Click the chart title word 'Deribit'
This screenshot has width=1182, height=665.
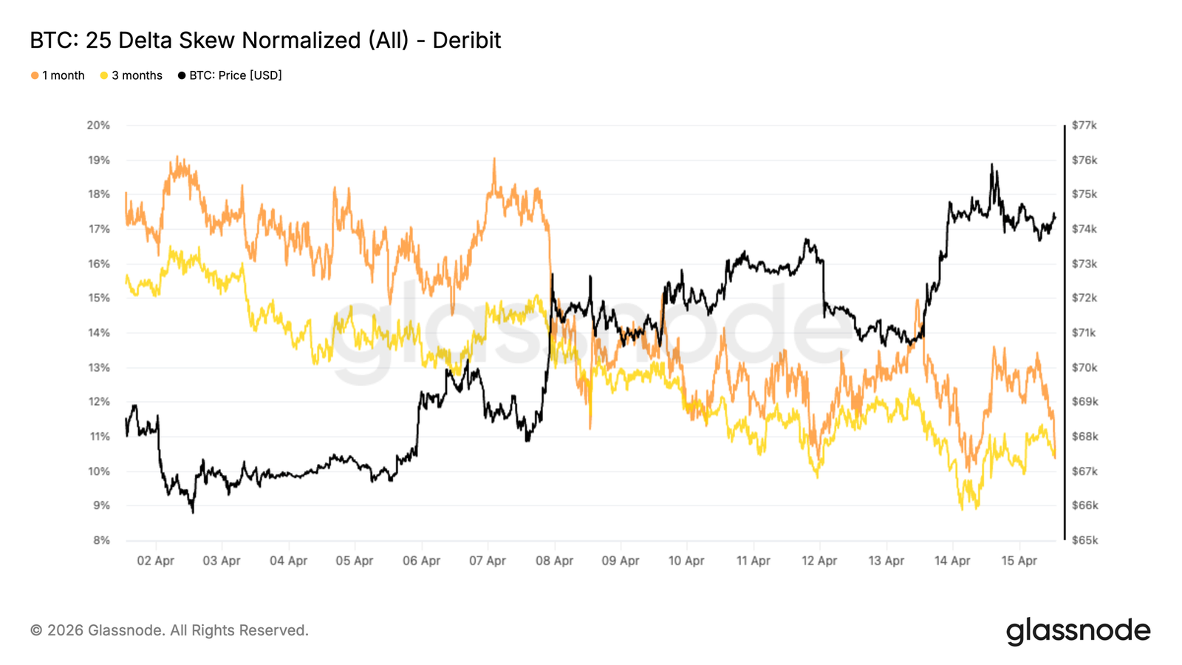[467, 40]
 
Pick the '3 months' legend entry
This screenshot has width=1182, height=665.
[131, 75]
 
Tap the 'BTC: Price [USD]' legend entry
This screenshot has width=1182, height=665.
[230, 75]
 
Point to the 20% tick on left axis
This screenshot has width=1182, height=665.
[98, 125]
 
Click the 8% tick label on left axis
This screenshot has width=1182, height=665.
[100, 540]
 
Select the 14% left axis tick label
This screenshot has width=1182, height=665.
[98, 332]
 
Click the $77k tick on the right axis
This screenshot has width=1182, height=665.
[1084, 125]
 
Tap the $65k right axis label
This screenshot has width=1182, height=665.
[1084, 540]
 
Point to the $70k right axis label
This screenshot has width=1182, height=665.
[1084, 367]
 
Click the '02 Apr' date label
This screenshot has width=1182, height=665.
[155, 561]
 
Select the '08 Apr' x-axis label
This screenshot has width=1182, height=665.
[554, 561]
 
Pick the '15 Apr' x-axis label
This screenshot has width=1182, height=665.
[1019, 561]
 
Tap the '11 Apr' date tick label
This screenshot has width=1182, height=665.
[753, 561]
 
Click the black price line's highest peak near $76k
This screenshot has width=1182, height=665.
[991, 165]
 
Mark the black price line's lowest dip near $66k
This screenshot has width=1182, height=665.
[193, 511]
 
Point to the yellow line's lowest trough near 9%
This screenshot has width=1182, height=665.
[962, 508]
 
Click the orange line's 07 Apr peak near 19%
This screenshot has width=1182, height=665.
[493, 159]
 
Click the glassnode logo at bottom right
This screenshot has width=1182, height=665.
[1078, 631]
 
